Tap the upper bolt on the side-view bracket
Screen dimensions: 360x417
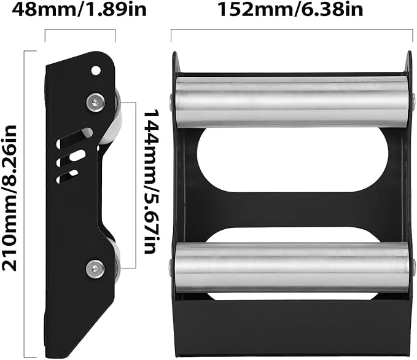point(94,101)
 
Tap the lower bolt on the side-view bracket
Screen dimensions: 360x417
point(94,267)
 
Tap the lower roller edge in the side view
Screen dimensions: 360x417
point(115,258)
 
